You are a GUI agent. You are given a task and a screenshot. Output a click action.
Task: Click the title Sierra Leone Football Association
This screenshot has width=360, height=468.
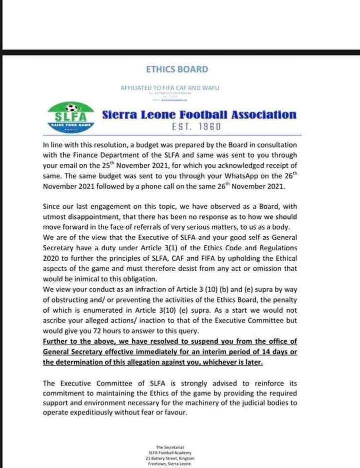pos(199,114)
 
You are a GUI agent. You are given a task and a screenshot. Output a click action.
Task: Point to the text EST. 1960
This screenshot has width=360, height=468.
pos(196,127)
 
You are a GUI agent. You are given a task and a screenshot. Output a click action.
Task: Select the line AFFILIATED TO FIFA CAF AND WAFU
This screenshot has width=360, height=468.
pos(170,88)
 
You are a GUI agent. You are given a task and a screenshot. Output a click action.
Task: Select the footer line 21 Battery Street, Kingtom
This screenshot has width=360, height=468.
pos(170,458)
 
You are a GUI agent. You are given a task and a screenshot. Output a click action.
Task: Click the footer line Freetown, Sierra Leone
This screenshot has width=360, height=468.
pos(170,464)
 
